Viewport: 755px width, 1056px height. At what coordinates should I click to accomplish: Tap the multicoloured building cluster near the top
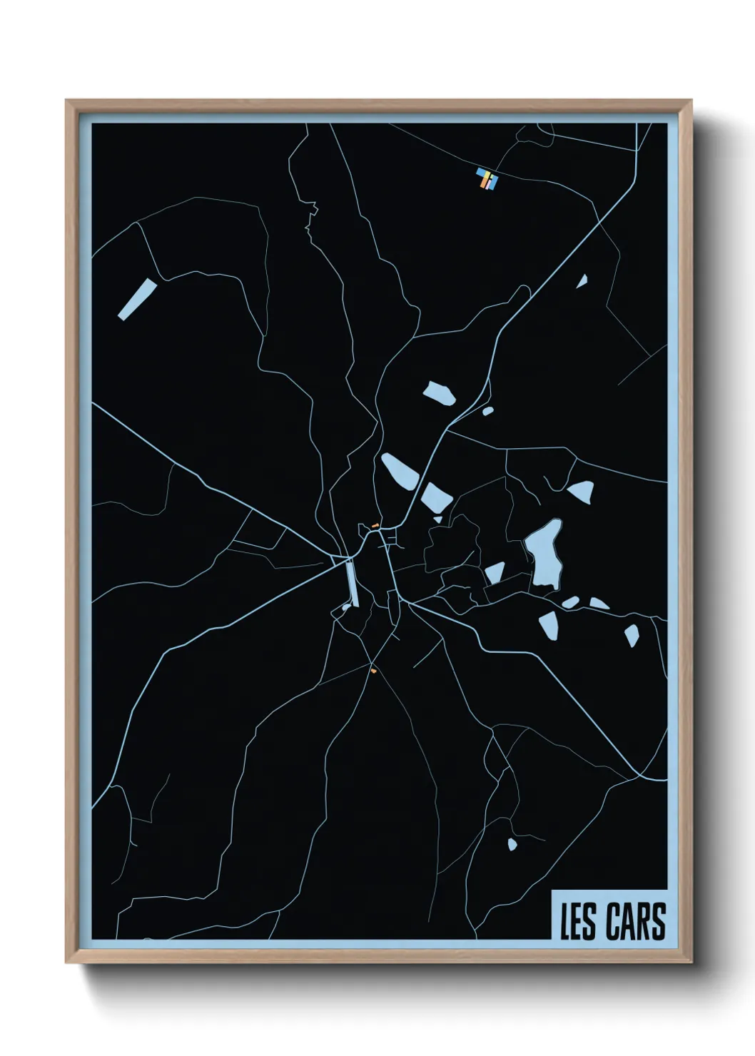coord(487,179)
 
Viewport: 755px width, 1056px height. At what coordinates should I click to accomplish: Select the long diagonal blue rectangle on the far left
coord(137,299)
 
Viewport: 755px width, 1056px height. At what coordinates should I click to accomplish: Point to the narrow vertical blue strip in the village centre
coord(351,582)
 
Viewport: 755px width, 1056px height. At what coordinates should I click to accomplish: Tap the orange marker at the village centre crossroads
coord(373,525)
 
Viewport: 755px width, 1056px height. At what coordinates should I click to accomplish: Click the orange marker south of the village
coord(373,670)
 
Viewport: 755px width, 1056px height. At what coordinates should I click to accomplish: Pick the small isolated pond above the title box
coord(512,845)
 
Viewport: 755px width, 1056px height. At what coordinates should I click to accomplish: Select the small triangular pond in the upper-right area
coord(582,281)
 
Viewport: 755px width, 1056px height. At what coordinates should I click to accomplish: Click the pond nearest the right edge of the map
coord(632,634)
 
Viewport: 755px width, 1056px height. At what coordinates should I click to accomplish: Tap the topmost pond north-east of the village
coord(440,393)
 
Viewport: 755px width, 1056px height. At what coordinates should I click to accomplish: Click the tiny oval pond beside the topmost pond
coord(488,410)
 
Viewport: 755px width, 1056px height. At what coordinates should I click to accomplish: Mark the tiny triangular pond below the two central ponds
coord(437,519)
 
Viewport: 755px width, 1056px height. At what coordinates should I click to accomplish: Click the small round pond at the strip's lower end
coord(345,608)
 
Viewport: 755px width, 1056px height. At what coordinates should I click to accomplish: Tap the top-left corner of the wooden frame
coord(67,101)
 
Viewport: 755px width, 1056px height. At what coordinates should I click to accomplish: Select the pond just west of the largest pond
coord(495,572)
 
